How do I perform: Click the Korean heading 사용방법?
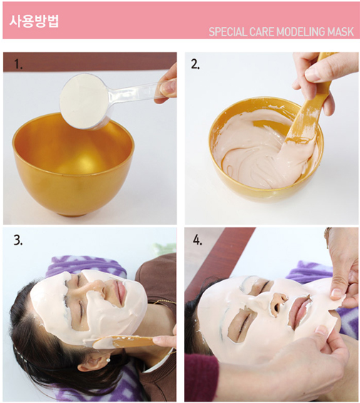pos(34,19)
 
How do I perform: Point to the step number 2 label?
pos(195,64)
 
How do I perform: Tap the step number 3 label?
pos(18,240)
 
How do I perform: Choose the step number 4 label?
pos(197,240)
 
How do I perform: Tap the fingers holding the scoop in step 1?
pos(167,82)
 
